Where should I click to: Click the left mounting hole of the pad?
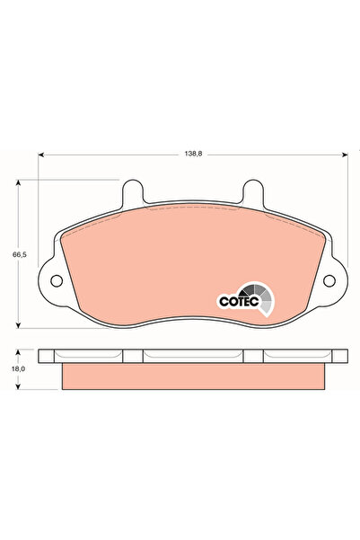pos(56,280)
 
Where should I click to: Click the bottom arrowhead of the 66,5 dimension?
pos(20,326)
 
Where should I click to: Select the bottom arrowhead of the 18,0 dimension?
pos(20,387)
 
